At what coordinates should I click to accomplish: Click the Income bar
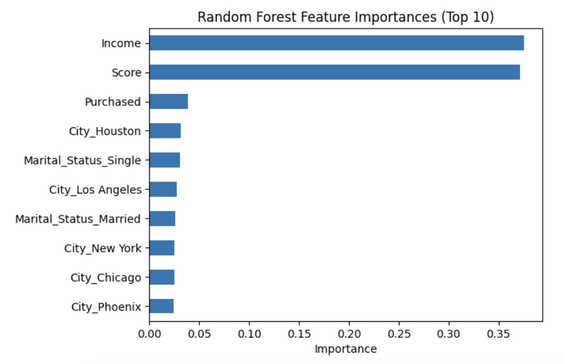pos(337,43)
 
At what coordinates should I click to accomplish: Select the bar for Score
pos(335,72)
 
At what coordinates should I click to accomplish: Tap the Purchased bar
pos(169,102)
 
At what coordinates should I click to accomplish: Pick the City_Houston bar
pos(165,131)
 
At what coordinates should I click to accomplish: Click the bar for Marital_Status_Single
pos(165,160)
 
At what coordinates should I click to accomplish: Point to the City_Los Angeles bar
pos(163,190)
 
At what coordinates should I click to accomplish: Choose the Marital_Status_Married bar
pos(163,219)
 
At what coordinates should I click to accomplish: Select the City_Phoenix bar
pos(162,307)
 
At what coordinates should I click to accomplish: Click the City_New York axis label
pos(103,249)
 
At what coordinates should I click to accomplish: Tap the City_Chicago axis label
pos(106,278)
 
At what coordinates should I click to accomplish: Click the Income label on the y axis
pos(121,43)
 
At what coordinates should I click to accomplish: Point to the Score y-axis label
pos(126,73)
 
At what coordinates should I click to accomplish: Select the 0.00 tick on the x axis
pos(150,334)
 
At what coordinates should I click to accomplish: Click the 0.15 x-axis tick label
pos(299,334)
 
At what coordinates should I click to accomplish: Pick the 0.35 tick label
pos(498,334)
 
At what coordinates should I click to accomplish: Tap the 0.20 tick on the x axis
pos(349,334)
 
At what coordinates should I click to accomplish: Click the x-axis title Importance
pos(346,349)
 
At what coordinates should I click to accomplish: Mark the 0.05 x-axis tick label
pos(200,334)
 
